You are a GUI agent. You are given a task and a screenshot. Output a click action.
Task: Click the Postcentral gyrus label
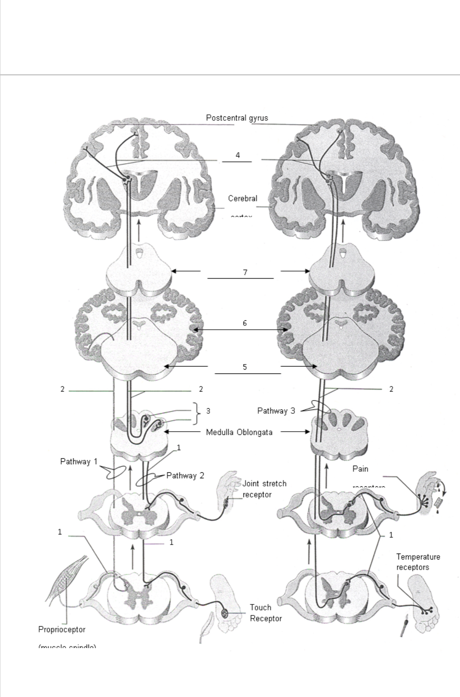(237, 118)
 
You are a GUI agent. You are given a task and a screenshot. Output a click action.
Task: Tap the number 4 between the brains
(238, 155)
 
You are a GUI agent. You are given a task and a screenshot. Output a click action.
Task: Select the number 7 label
(245, 272)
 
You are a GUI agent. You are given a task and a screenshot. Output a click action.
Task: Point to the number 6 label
(244, 323)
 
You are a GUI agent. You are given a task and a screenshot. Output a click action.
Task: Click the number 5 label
(244, 367)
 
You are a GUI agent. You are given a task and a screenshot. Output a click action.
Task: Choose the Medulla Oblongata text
(239, 432)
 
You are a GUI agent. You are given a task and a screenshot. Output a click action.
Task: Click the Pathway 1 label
(78, 461)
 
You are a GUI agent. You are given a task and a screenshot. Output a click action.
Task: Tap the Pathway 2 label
(185, 475)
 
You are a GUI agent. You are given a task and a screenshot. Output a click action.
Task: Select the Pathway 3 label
(276, 411)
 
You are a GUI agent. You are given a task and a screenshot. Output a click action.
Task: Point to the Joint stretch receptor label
(264, 489)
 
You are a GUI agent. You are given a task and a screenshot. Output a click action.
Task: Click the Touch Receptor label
(266, 613)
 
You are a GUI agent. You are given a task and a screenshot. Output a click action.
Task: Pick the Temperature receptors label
(418, 562)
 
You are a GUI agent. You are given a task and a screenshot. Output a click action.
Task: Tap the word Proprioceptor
(62, 629)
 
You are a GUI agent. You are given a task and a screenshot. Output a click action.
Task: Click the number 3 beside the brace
(208, 411)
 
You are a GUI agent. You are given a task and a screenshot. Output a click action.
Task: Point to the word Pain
(360, 468)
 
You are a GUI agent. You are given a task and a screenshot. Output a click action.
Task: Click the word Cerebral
(242, 198)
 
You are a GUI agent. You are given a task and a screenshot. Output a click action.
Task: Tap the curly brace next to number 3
(196, 414)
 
